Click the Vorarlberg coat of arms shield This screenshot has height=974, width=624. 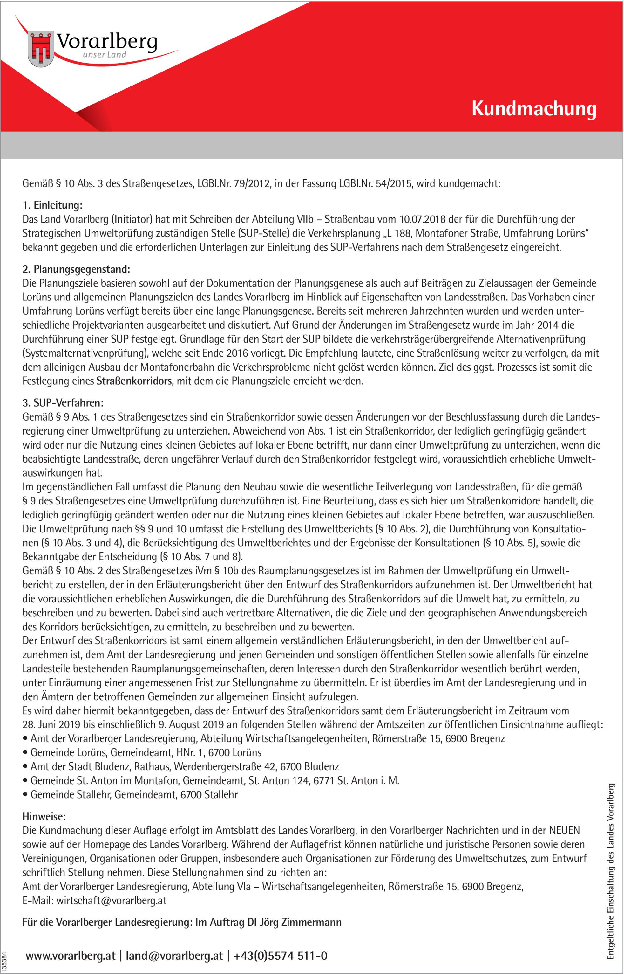41,49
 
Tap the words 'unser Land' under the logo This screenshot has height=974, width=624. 105,55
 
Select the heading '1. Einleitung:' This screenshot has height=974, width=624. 52,205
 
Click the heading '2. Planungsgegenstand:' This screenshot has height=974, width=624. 76,269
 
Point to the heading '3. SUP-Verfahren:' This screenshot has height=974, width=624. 63,403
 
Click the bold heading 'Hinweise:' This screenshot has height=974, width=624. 44,816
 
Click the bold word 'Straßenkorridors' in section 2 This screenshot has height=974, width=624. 134,381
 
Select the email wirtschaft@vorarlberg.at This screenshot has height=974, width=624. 112,901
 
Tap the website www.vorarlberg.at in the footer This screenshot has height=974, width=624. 71,956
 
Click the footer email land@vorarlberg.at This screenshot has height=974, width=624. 174,956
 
